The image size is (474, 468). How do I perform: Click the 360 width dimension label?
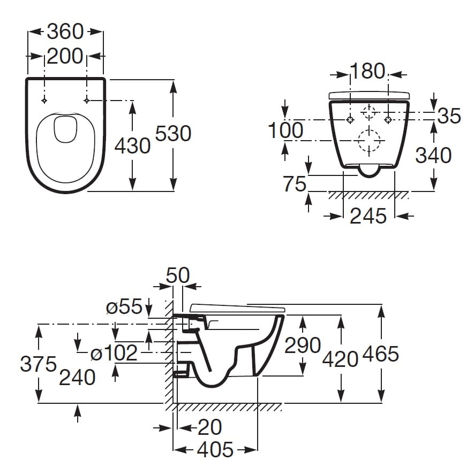(x=65, y=32)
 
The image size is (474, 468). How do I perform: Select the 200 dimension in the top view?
(x=65, y=56)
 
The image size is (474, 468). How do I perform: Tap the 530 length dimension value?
(x=173, y=133)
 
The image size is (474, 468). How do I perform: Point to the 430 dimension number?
(x=133, y=145)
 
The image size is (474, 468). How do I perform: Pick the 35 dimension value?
(x=449, y=116)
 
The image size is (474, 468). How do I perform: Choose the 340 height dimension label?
(x=434, y=156)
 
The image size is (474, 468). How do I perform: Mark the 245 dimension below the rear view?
(x=368, y=216)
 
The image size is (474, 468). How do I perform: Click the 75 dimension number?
(x=295, y=185)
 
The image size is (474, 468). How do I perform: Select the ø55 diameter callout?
(x=124, y=307)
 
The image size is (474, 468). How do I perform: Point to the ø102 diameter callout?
(x=114, y=353)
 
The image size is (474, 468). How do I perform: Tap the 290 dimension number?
(x=303, y=345)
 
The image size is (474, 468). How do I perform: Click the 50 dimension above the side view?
(x=178, y=275)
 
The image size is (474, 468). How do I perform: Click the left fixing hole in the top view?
(x=44, y=101)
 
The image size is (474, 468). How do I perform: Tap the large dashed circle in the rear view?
(x=368, y=141)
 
